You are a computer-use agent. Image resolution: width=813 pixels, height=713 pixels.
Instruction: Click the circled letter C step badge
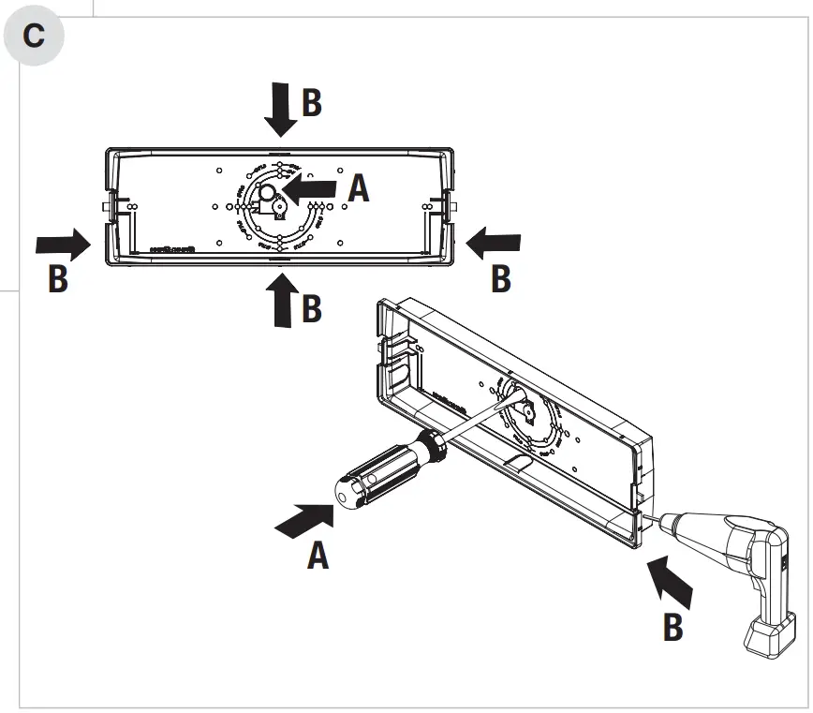pos(34,37)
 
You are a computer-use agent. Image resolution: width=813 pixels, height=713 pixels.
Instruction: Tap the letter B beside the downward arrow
pos(312,103)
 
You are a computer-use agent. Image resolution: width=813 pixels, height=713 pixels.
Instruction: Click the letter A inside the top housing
pos(359,189)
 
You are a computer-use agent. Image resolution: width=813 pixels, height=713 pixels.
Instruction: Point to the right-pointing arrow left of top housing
pos(63,245)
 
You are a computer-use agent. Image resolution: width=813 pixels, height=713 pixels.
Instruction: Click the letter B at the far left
pos(58,279)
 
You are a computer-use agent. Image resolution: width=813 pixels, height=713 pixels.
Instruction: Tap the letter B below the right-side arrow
pos(501,279)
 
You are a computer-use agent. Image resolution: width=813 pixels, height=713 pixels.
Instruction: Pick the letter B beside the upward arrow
pos(312,308)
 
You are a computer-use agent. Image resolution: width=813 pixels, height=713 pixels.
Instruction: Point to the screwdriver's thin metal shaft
pos(478,419)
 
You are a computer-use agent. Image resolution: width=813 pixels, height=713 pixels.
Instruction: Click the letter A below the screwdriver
pos(318,557)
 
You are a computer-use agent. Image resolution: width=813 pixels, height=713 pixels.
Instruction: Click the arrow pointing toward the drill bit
pos(672,580)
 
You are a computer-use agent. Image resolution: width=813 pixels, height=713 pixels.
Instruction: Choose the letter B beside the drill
pos(673,628)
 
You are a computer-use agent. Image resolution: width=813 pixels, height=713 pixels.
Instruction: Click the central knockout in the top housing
pos(269,196)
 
